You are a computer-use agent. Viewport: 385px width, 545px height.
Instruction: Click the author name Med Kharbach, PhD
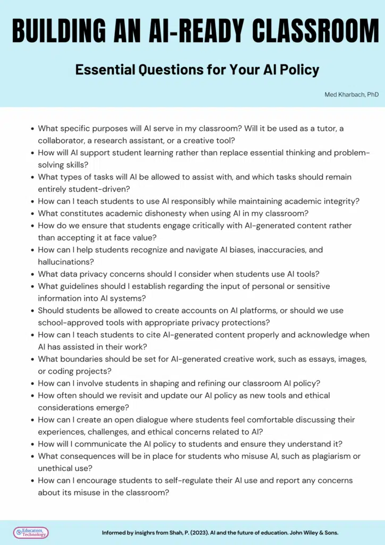pyautogui.click(x=351, y=94)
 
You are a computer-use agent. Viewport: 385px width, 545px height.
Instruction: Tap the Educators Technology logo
pyautogui.click(x=31, y=532)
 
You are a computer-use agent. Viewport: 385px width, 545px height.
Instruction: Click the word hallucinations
pyautogui.click(x=63, y=262)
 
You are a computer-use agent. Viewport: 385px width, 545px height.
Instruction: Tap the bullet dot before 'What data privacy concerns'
pyautogui.click(x=33, y=275)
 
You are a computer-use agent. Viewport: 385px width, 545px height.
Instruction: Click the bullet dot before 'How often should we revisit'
pyautogui.click(x=33, y=396)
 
